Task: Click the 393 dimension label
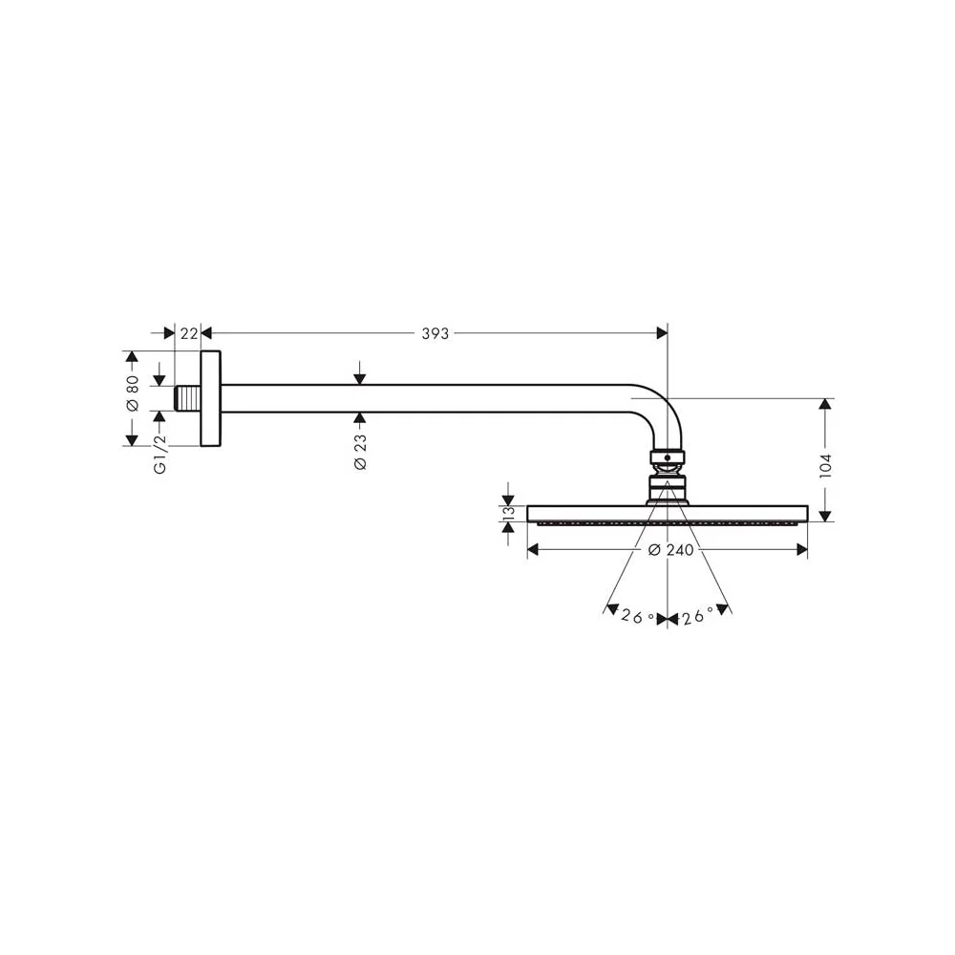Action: point(435,333)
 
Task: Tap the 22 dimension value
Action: point(189,333)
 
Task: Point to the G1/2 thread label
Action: point(159,454)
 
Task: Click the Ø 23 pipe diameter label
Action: point(360,452)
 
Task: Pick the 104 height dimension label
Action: point(825,465)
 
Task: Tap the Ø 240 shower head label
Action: point(670,550)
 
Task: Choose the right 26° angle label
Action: point(697,617)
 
